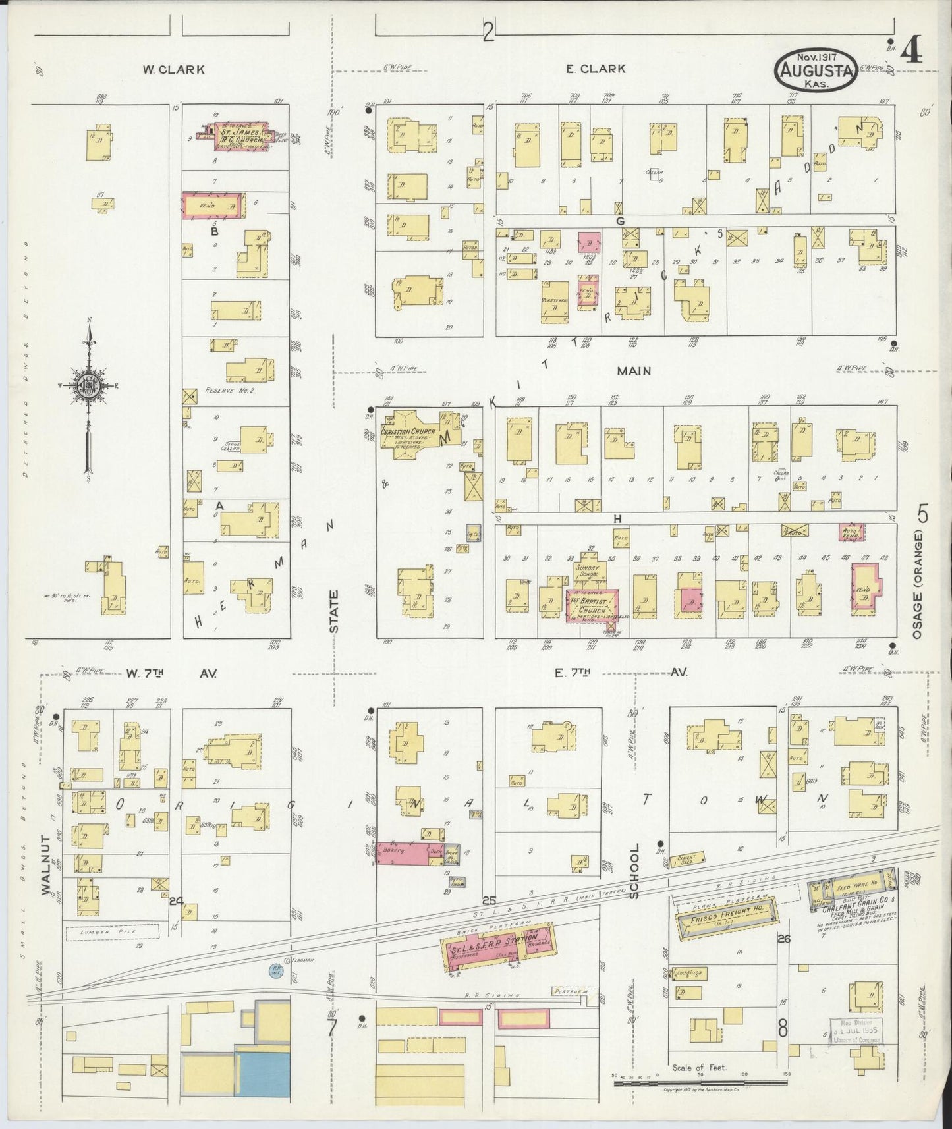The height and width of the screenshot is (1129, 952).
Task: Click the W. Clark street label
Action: coord(174,69)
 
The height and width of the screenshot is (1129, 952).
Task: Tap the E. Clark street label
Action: coord(596,69)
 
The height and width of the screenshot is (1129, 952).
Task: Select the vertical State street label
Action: coord(335,611)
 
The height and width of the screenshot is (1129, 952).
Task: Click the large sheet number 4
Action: coord(912,51)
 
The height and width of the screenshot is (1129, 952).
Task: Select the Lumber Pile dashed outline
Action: coord(112,932)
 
